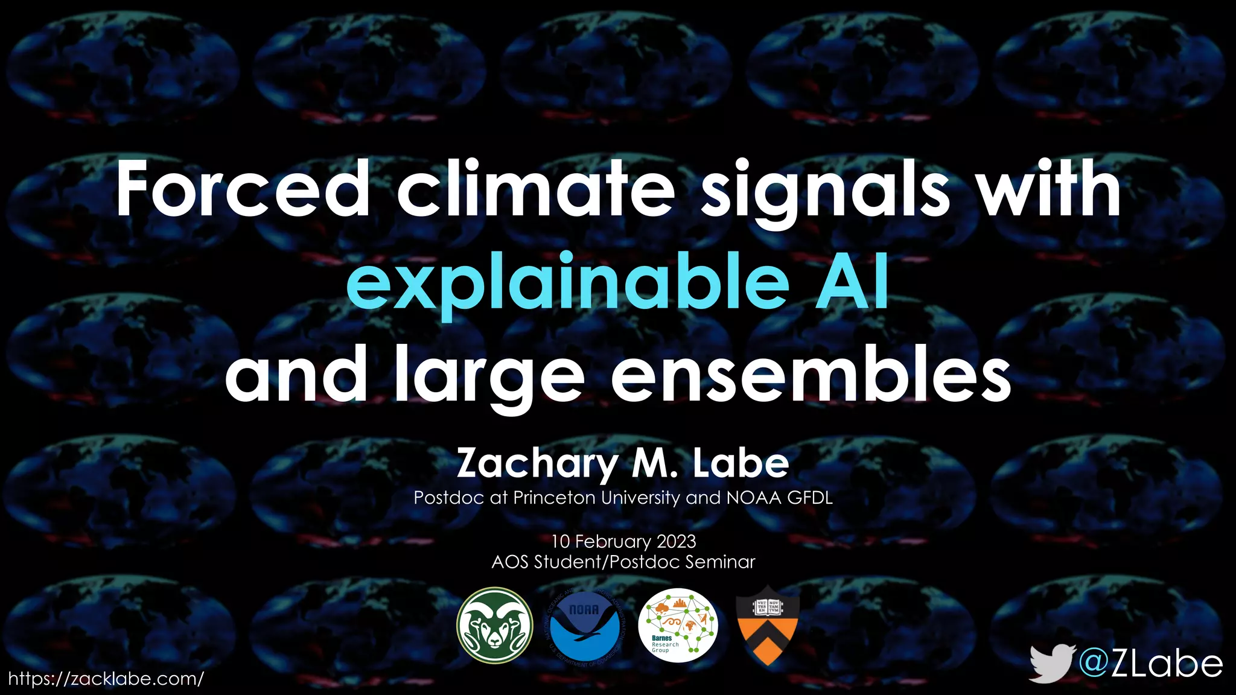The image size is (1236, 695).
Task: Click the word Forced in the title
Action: click(x=242, y=189)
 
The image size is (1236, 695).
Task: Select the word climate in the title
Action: click(x=535, y=189)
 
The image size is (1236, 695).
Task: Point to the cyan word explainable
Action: click(x=567, y=282)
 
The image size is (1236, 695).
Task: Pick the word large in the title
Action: click(x=490, y=377)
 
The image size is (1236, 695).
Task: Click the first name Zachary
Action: click(x=537, y=464)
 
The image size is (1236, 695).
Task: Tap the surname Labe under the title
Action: click(x=741, y=463)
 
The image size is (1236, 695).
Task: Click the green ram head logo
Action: click(x=494, y=626)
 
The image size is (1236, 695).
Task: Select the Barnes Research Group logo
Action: click(x=678, y=626)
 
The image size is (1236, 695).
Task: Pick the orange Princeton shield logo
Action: click(x=768, y=626)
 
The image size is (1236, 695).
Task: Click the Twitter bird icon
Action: click(x=1051, y=663)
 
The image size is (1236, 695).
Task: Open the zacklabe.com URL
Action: click(x=106, y=679)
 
